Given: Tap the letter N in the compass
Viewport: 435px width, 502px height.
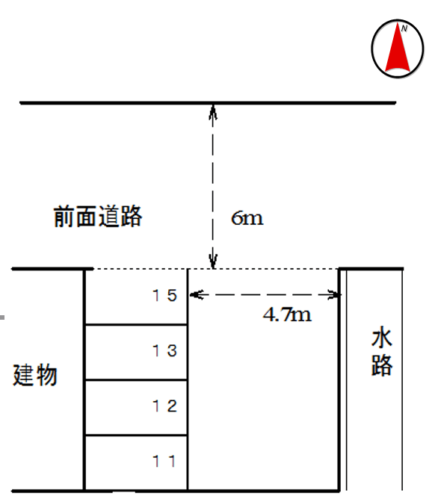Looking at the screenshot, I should tap(404, 28).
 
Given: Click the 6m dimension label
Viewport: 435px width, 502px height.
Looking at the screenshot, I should tap(247, 218).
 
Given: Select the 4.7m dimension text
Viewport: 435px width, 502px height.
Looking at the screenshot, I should tap(286, 314).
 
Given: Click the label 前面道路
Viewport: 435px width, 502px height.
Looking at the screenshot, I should tap(97, 217).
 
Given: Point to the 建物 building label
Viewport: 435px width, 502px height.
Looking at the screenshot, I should tap(35, 375).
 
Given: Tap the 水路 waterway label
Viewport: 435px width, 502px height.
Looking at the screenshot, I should tap(382, 353).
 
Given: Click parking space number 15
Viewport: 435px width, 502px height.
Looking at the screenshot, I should tap(164, 295).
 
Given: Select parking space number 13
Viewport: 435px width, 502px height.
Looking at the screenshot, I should tap(164, 350).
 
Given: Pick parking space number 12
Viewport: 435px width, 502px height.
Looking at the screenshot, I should tap(164, 406).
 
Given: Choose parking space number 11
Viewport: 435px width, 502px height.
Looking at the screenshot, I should tap(164, 461).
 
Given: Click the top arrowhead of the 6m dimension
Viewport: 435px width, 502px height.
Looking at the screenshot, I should tap(214, 110).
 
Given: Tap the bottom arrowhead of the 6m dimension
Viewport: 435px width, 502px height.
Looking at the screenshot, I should tap(214, 262).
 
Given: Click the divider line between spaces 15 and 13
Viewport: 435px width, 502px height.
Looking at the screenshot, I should tap(135, 325).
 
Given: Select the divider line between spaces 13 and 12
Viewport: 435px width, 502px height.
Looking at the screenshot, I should tap(135, 380).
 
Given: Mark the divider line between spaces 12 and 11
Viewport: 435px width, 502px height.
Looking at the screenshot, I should tap(135, 436).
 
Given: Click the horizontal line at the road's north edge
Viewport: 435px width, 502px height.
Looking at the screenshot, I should tap(112, 102).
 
